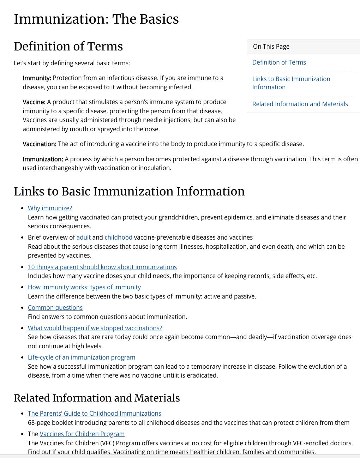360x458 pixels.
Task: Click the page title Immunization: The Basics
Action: [x=96, y=19]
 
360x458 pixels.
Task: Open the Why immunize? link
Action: [x=50, y=208]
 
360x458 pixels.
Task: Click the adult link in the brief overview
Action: [x=83, y=237]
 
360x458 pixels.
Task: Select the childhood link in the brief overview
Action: [x=118, y=237]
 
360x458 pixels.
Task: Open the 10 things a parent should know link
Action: [x=102, y=267]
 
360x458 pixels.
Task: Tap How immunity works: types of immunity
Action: [x=84, y=287]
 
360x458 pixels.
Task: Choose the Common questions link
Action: [x=55, y=308]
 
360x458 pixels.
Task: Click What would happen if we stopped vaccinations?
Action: [x=95, y=328]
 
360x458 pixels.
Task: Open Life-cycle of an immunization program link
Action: [x=82, y=357]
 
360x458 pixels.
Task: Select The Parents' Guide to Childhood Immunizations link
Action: [x=94, y=414]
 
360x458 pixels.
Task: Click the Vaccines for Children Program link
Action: [x=82, y=434]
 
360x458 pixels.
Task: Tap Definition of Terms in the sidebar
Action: [x=279, y=62]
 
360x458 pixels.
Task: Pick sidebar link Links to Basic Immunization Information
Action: [x=291, y=83]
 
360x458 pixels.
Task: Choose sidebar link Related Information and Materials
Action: [x=300, y=104]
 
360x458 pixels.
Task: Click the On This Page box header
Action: [x=271, y=47]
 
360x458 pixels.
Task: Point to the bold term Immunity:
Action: [x=37, y=78]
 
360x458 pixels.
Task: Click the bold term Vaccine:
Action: [x=34, y=102]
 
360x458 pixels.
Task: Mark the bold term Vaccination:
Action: [x=39, y=144]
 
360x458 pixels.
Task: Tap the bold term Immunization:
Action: [x=43, y=159]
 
